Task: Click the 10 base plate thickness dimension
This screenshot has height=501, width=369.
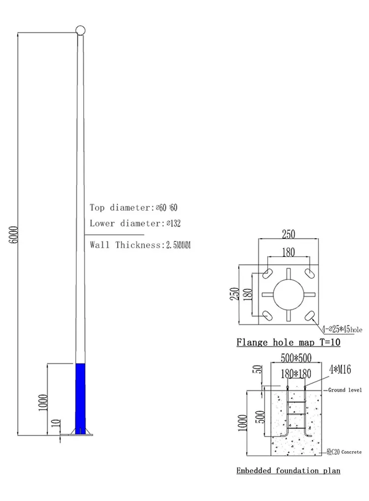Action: click(x=56, y=423)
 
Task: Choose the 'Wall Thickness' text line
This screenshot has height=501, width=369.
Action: click(x=126, y=245)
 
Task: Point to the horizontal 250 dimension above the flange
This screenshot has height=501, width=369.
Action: click(x=288, y=235)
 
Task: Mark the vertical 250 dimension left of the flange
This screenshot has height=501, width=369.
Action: click(x=235, y=294)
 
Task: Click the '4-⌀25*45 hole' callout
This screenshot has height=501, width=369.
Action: click(x=342, y=329)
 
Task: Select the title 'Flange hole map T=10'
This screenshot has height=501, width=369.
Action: click(x=288, y=342)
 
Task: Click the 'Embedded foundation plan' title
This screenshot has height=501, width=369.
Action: click(x=288, y=470)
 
